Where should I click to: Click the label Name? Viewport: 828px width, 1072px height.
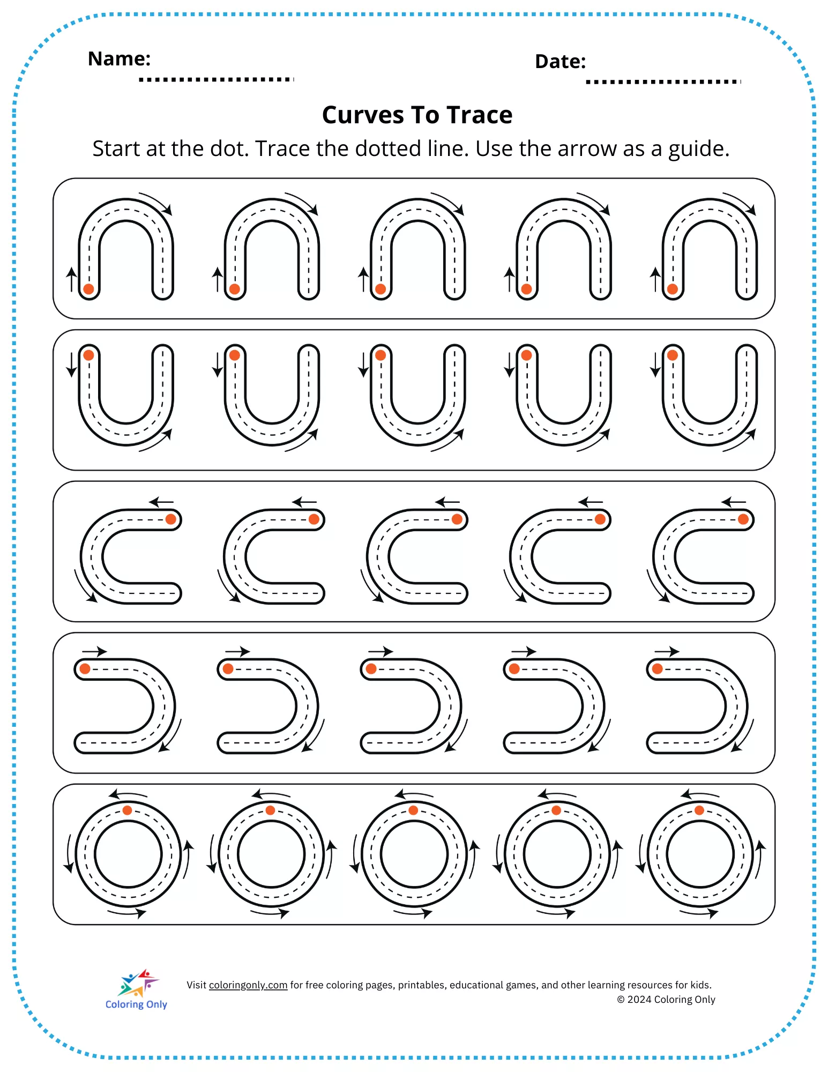tap(119, 58)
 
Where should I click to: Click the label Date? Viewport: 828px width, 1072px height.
tap(560, 62)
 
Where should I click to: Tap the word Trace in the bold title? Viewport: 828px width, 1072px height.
tap(480, 115)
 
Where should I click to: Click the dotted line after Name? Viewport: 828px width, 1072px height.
tap(217, 79)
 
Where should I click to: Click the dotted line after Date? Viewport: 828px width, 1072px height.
tap(663, 81)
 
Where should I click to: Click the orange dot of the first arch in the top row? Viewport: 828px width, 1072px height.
tap(89, 289)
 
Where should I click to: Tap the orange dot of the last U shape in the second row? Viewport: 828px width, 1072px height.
tap(673, 355)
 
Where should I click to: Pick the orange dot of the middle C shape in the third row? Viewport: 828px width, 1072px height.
tap(457, 519)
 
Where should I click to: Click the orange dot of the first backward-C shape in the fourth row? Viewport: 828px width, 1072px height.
tap(85, 668)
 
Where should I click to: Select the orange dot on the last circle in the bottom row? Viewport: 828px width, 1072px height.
tap(699, 810)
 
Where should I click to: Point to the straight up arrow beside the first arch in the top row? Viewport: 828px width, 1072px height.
tap(71, 279)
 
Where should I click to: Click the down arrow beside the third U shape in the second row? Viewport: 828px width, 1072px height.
tap(363, 364)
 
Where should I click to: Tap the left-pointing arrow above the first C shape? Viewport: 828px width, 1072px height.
tap(161, 502)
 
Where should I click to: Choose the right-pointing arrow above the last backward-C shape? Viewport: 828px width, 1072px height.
tap(667, 652)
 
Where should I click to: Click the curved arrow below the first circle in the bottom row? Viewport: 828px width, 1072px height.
tap(127, 912)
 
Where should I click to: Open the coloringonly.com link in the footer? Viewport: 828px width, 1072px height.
tap(248, 985)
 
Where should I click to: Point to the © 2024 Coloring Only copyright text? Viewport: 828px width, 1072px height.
tap(666, 1000)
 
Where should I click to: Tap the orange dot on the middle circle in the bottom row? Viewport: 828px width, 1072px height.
tap(413, 810)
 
